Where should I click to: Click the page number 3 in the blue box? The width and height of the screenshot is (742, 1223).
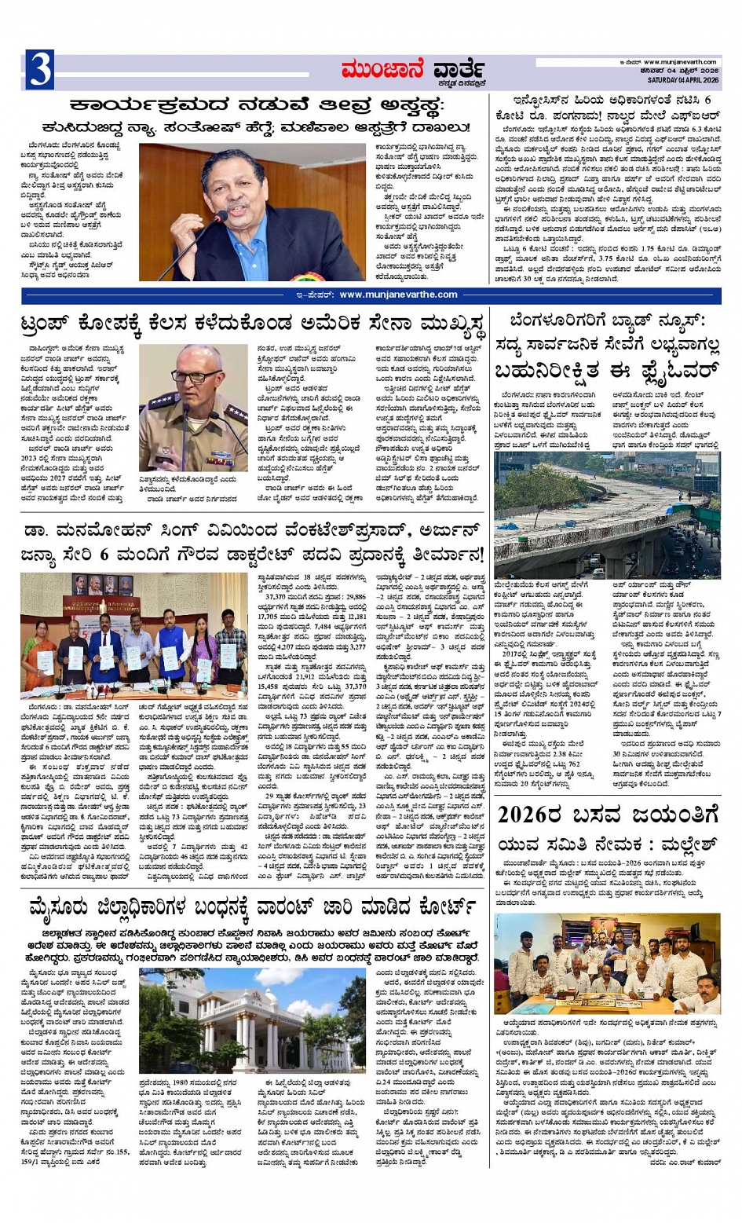39,69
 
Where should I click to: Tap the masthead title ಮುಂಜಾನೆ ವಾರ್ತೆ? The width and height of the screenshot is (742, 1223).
413,70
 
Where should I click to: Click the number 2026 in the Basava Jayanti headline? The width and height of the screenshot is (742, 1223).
534,813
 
